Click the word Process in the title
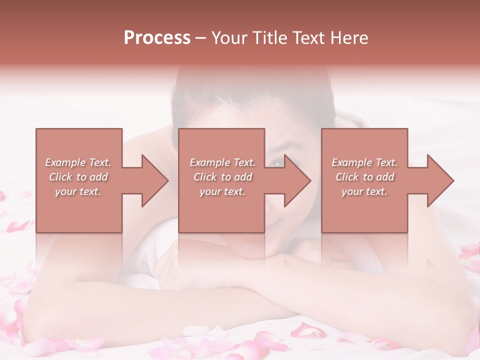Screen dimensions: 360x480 tap(157, 38)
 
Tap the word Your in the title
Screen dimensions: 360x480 tap(229, 38)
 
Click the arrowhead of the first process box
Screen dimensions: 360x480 tap(155, 180)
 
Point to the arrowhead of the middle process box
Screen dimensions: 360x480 tap(298, 180)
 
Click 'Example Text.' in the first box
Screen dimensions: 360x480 tap(78, 162)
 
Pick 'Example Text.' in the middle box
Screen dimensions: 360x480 tap(222, 162)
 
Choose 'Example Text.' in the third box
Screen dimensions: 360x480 tap(364, 162)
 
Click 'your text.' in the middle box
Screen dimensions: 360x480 tap(222, 191)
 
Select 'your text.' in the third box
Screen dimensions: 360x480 tap(364, 191)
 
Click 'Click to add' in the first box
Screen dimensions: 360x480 tap(78, 177)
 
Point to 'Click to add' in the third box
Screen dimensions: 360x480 tap(365, 177)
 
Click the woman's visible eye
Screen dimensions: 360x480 tap(278, 163)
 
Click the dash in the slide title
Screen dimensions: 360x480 tap(200, 38)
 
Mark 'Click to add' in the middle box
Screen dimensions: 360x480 tap(223, 177)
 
